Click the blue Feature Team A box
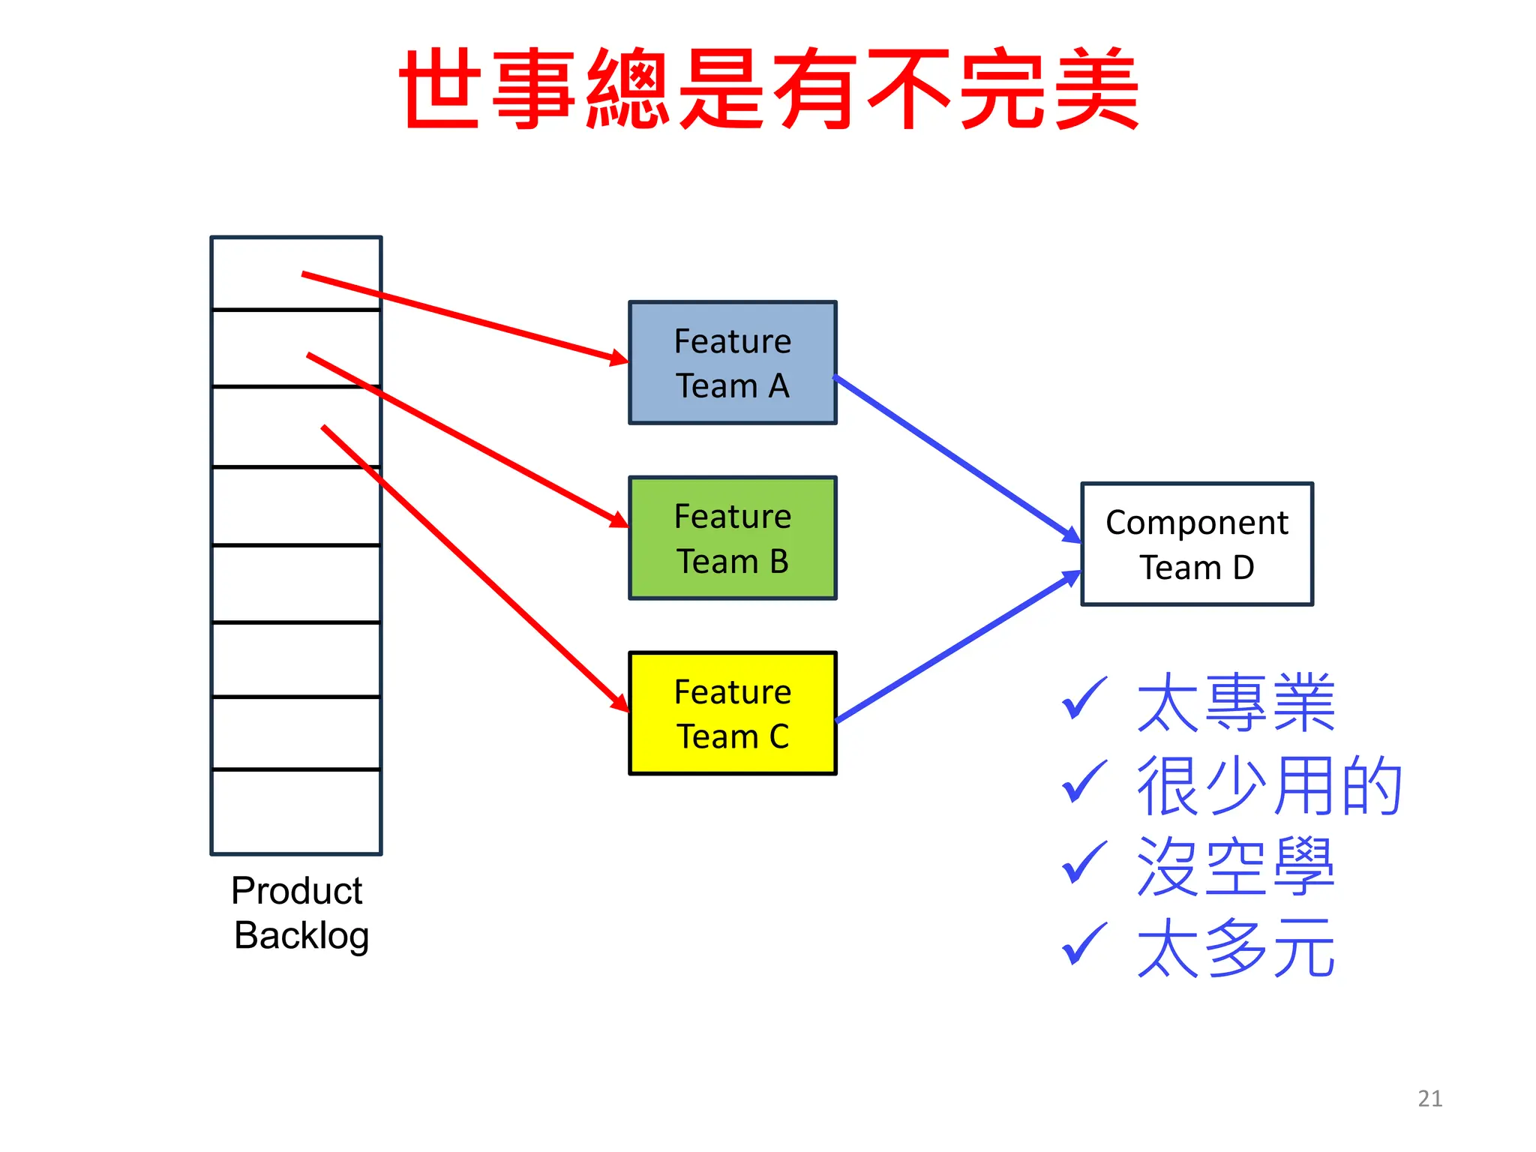[732, 363]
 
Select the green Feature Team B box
[732, 538]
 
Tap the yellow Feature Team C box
[732, 713]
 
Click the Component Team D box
[1196, 544]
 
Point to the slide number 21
[1429, 1099]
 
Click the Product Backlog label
[298, 913]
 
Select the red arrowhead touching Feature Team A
[619, 358]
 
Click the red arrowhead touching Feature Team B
[619, 519]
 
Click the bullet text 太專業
[1235, 703]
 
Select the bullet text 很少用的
[1269, 785]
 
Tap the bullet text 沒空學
[1235, 867]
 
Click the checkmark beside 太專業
[1084, 698]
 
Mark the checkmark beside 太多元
[1084, 943]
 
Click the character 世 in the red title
[439, 88]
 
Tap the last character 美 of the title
[1096, 88]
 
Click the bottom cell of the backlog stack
[296, 811]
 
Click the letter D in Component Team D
[1243, 568]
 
